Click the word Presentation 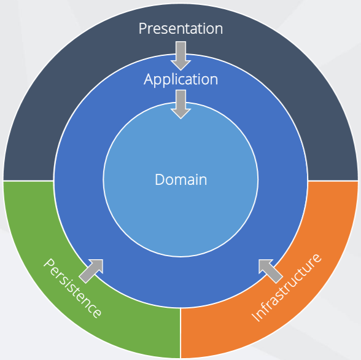[x=180, y=28]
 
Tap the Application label [x=180, y=79]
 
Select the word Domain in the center [x=180, y=179]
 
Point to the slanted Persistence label [x=72, y=288]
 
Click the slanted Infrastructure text [x=286, y=288]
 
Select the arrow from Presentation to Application [x=180, y=56]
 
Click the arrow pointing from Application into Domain [x=180, y=104]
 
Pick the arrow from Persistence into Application [x=91, y=271]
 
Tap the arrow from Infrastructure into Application [x=271, y=271]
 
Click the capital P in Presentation [x=142, y=28]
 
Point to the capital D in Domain [x=160, y=179]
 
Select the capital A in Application [x=149, y=79]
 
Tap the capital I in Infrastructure [x=256, y=317]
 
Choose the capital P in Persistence [x=49, y=264]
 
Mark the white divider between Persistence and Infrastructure [x=180, y=333]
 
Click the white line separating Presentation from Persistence [x=28, y=181]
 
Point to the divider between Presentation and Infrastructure [x=333, y=181]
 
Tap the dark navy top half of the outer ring [x=92, y=69]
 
